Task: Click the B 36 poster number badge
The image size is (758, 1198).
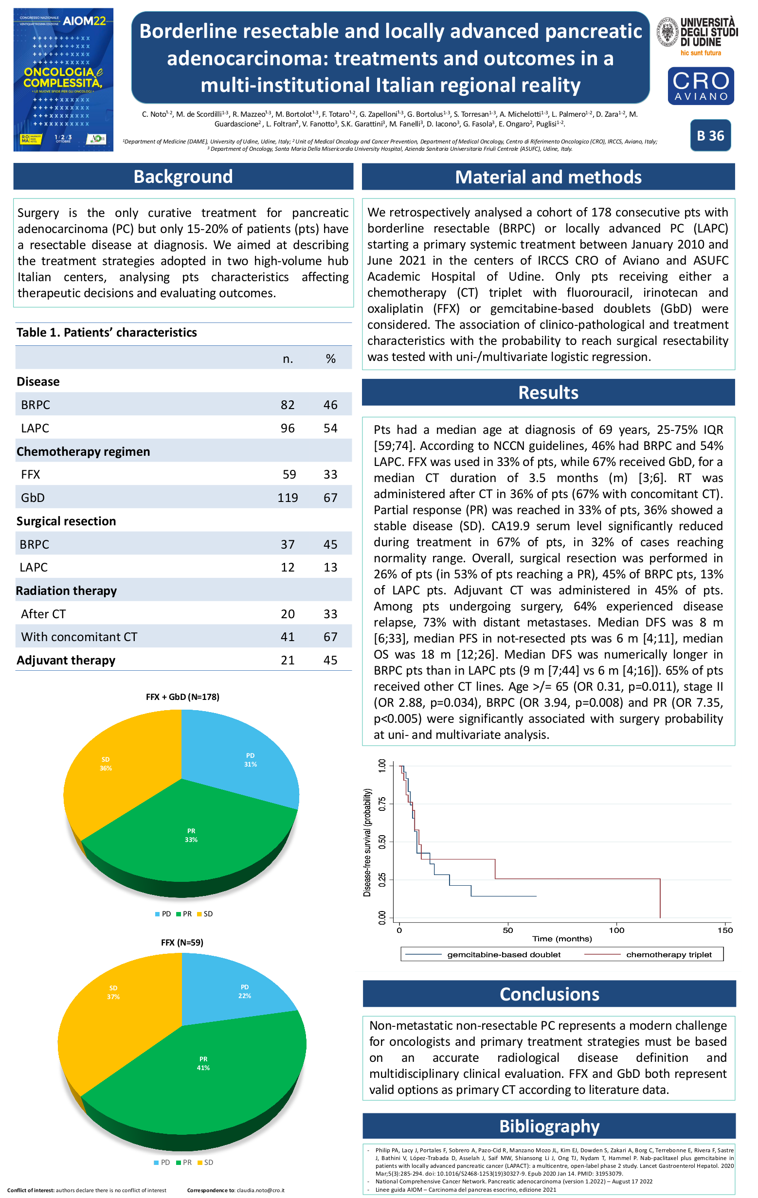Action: [710, 135]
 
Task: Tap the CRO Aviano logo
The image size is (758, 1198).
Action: [700, 86]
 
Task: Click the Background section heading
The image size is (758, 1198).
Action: [183, 177]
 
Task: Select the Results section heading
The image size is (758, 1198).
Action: [548, 393]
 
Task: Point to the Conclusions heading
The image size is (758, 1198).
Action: [549, 994]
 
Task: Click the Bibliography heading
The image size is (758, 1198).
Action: [549, 1126]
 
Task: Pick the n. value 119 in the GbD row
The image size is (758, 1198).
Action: [288, 498]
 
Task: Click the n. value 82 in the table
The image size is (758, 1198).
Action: [288, 405]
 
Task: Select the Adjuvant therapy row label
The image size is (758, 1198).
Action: [66, 660]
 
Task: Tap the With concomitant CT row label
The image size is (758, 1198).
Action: [79, 637]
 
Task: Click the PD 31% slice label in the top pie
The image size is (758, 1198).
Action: [251, 760]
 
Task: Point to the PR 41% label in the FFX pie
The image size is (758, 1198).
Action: [203, 1063]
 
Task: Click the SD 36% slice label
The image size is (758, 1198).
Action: [106, 764]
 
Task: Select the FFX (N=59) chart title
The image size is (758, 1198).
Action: [181, 942]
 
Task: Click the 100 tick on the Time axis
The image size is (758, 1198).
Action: [616, 930]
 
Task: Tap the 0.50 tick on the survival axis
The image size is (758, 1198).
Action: [382, 842]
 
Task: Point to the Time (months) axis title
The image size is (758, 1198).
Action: [562, 939]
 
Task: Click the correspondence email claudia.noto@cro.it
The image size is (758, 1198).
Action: [260, 1190]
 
